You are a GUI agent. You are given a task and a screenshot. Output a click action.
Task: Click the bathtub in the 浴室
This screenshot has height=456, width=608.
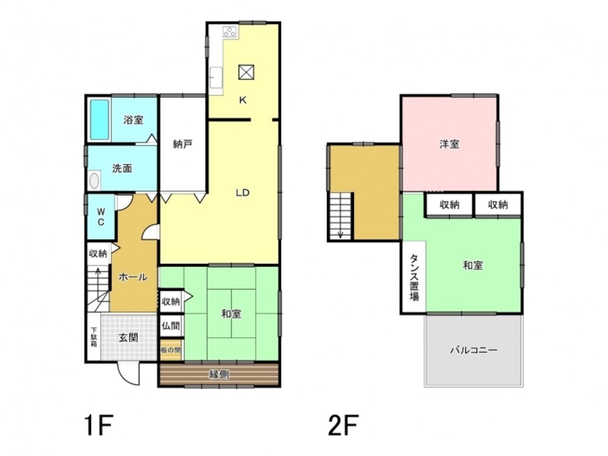(x=100, y=119)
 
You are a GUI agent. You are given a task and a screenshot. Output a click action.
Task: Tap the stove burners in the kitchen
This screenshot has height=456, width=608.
(x=230, y=32)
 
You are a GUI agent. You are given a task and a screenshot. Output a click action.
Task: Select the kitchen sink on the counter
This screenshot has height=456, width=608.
(x=216, y=78)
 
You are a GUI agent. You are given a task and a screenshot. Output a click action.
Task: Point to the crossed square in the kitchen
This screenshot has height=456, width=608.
(x=246, y=72)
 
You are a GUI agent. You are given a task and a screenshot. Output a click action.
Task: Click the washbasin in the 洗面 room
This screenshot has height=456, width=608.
(x=94, y=181)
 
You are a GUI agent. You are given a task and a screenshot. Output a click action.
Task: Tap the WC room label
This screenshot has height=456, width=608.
(x=101, y=217)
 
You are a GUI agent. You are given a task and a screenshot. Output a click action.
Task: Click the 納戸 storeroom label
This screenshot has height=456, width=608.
(x=182, y=144)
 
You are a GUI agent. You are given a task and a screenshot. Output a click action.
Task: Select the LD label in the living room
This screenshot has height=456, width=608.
(x=243, y=193)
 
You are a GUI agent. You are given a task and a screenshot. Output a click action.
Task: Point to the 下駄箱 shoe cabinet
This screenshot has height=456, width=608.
(x=94, y=337)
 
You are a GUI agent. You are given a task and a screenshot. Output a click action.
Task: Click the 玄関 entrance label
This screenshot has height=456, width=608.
(x=128, y=337)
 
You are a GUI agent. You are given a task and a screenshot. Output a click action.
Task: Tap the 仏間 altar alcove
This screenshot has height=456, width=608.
(x=171, y=326)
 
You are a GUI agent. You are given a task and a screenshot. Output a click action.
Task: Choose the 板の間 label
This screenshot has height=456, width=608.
(x=171, y=350)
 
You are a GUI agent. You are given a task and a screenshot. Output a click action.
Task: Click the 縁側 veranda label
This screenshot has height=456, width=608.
(x=219, y=375)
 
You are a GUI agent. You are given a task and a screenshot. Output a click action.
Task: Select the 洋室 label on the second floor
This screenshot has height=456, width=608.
(x=450, y=144)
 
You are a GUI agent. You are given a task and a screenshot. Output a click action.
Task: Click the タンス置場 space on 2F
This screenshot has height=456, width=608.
(x=414, y=277)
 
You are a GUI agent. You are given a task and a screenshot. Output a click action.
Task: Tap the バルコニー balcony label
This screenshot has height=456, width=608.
(x=474, y=350)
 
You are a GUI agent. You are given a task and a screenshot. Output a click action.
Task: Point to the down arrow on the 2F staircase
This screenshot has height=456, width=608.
(x=340, y=234)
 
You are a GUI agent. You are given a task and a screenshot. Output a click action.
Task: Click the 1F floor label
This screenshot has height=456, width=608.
(x=98, y=426)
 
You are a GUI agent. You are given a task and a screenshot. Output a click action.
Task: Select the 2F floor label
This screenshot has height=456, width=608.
(x=343, y=426)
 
